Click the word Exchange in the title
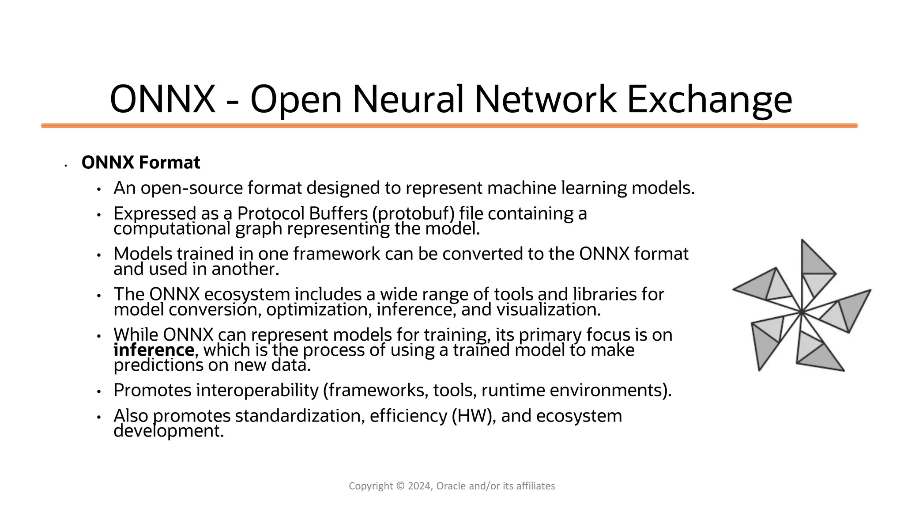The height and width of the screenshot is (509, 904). (x=709, y=100)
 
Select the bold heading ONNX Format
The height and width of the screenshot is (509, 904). (x=141, y=163)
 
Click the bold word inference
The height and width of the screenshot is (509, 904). (x=154, y=350)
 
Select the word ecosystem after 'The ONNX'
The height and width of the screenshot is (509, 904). (x=247, y=294)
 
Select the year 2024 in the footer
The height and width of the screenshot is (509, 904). (x=420, y=486)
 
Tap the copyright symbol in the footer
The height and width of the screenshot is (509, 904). (x=400, y=486)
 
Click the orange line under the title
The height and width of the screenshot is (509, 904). (x=449, y=126)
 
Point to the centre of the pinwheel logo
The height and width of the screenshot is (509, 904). (x=801, y=312)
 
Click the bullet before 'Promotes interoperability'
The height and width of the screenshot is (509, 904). (x=99, y=391)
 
